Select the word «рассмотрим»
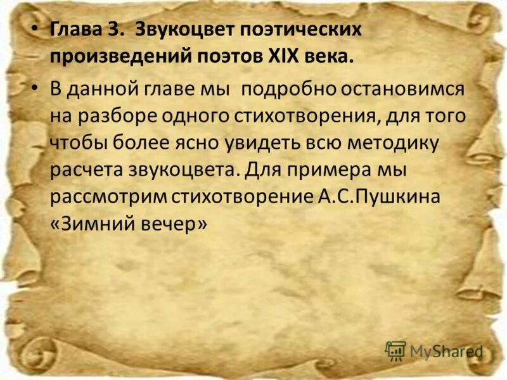click(108, 198)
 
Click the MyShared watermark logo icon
click(395, 350)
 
